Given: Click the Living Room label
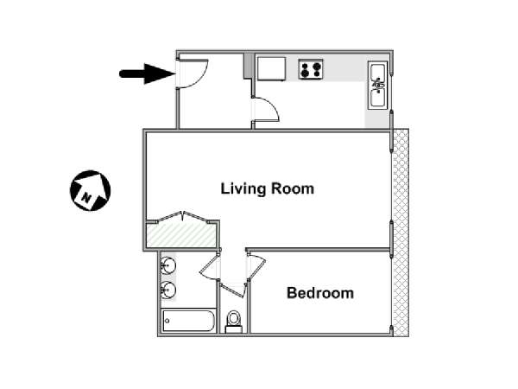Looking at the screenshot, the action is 268,188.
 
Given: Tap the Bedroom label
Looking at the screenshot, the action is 320,293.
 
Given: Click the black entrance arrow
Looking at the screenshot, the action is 148,73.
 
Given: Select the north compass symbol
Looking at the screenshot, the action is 90,190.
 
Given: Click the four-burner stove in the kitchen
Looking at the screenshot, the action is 311,69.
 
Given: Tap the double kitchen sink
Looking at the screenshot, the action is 377,86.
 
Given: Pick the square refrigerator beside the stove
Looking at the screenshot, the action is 271,69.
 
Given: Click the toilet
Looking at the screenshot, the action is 234,322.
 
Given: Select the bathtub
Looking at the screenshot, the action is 188,321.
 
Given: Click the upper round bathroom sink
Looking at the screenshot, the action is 168,265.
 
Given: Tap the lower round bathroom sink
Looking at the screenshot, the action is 168,290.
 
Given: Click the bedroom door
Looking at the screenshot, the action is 257,267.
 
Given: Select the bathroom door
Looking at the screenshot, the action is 210,267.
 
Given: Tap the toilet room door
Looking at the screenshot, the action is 234,290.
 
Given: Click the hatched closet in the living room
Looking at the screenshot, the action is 181,234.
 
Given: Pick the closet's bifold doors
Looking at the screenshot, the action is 183,217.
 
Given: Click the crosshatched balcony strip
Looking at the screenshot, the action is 401,233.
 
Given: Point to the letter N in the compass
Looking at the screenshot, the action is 86,197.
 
